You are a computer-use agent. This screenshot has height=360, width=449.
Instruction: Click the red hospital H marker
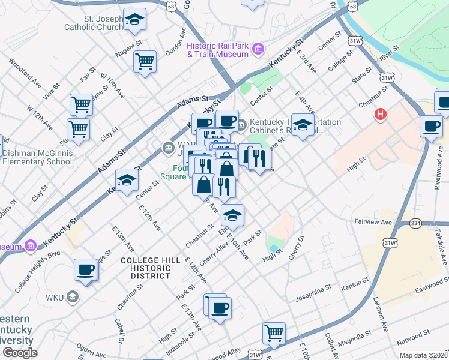pos(379,114)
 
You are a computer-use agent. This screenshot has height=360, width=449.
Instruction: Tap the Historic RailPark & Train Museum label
pos(217,50)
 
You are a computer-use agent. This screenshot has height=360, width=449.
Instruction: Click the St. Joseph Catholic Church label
pos(95,22)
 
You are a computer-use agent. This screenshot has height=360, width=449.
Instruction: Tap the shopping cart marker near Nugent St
pos(145,61)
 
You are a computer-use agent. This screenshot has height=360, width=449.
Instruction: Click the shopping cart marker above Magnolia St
pos(274,333)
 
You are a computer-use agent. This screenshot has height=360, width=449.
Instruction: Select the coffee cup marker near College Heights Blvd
pos(86,269)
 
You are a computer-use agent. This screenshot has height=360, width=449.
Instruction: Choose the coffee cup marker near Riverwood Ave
pos(431,127)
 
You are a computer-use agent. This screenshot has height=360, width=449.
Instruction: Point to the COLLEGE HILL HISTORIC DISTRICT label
pos(145,268)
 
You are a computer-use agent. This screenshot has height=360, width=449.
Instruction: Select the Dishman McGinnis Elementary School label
pos(37,157)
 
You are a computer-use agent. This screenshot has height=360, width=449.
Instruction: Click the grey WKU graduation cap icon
pos(72,297)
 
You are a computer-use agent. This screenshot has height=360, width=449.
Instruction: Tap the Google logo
pos(20,353)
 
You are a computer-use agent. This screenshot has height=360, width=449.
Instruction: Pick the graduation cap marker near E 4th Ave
pos(303,125)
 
